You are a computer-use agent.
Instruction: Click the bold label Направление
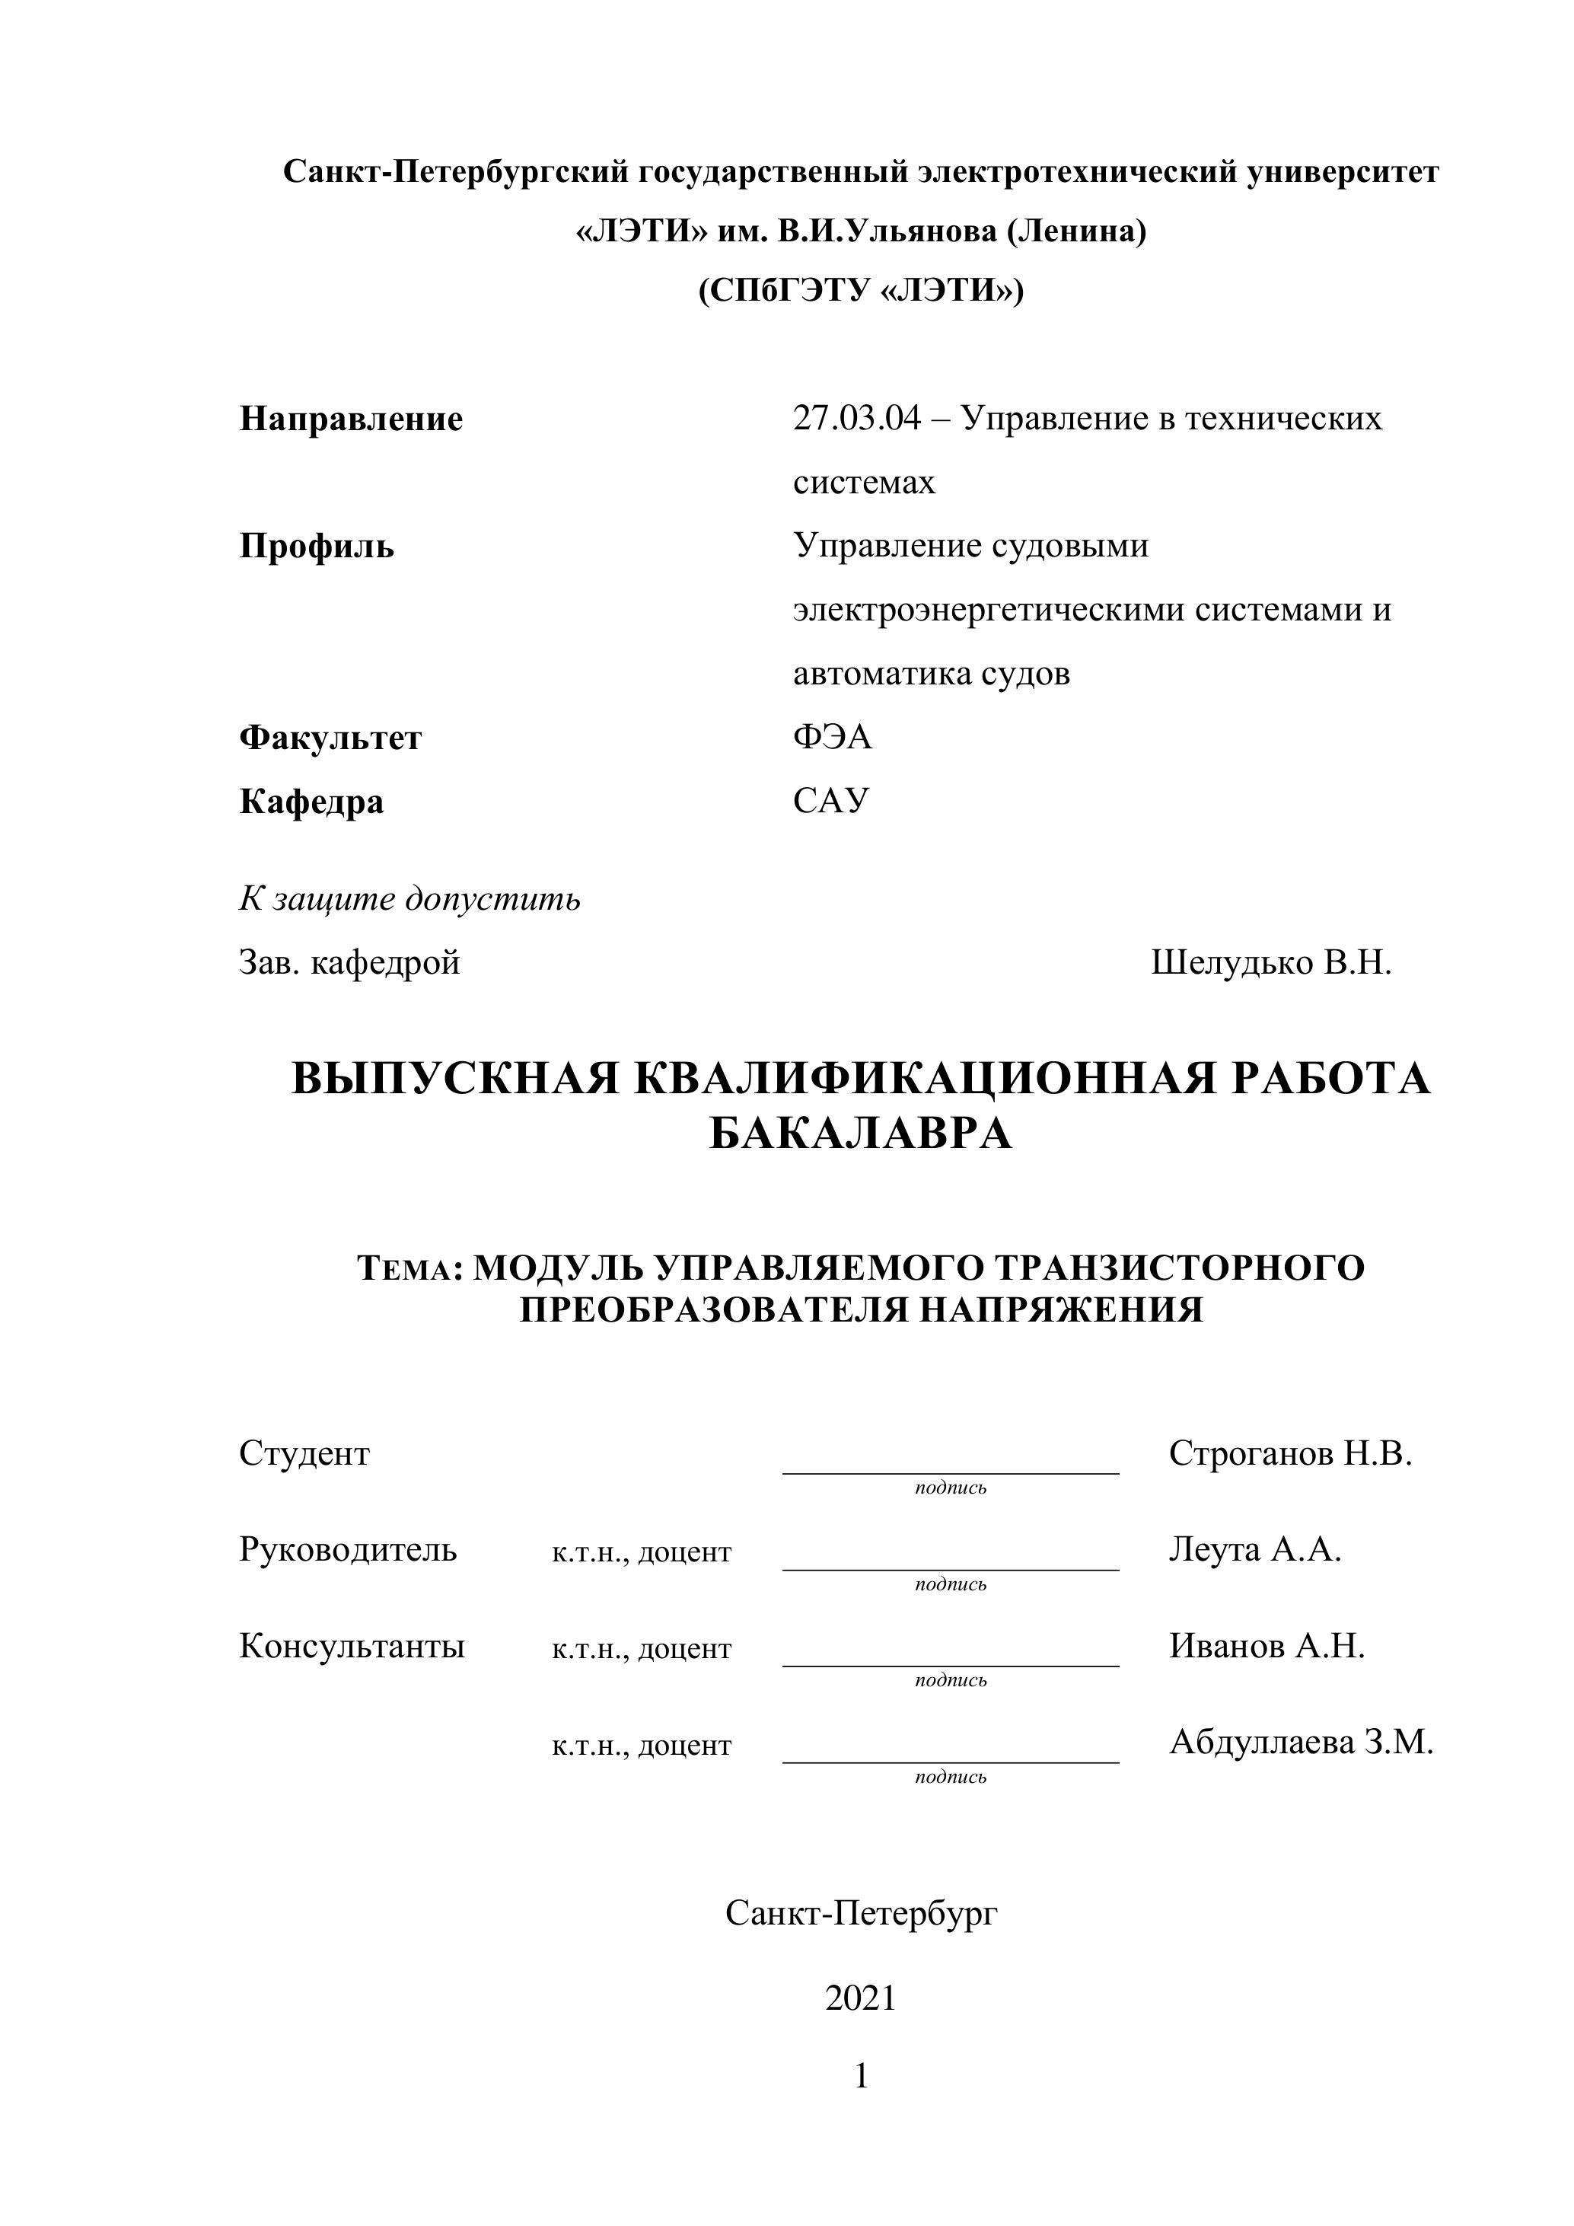point(351,419)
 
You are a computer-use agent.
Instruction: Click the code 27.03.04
point(856,419)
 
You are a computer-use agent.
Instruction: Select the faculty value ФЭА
point(833,738)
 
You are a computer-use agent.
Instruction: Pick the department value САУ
point(830,801)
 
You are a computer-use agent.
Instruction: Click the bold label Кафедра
point(311,802)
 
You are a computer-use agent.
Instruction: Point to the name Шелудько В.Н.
point(1270,963)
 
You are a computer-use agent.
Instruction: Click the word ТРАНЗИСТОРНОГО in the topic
point(1180,1267)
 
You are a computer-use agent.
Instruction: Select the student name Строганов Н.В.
point(1290,1453)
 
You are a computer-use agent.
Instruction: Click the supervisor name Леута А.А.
point(1254,1549)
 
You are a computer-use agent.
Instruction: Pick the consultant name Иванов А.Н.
point(1267,1645)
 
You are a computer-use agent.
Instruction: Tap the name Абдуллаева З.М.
point(1301,1743)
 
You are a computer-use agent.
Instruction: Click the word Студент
point(304,1453)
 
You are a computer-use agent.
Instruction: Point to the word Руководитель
point(348,1549)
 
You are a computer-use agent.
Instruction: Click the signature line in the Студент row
point(950,1472)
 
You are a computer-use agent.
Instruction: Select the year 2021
point(861,1998)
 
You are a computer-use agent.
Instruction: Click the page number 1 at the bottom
point(861,2076)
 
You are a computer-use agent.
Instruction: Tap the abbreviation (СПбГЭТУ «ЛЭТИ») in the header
point(861,291)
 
